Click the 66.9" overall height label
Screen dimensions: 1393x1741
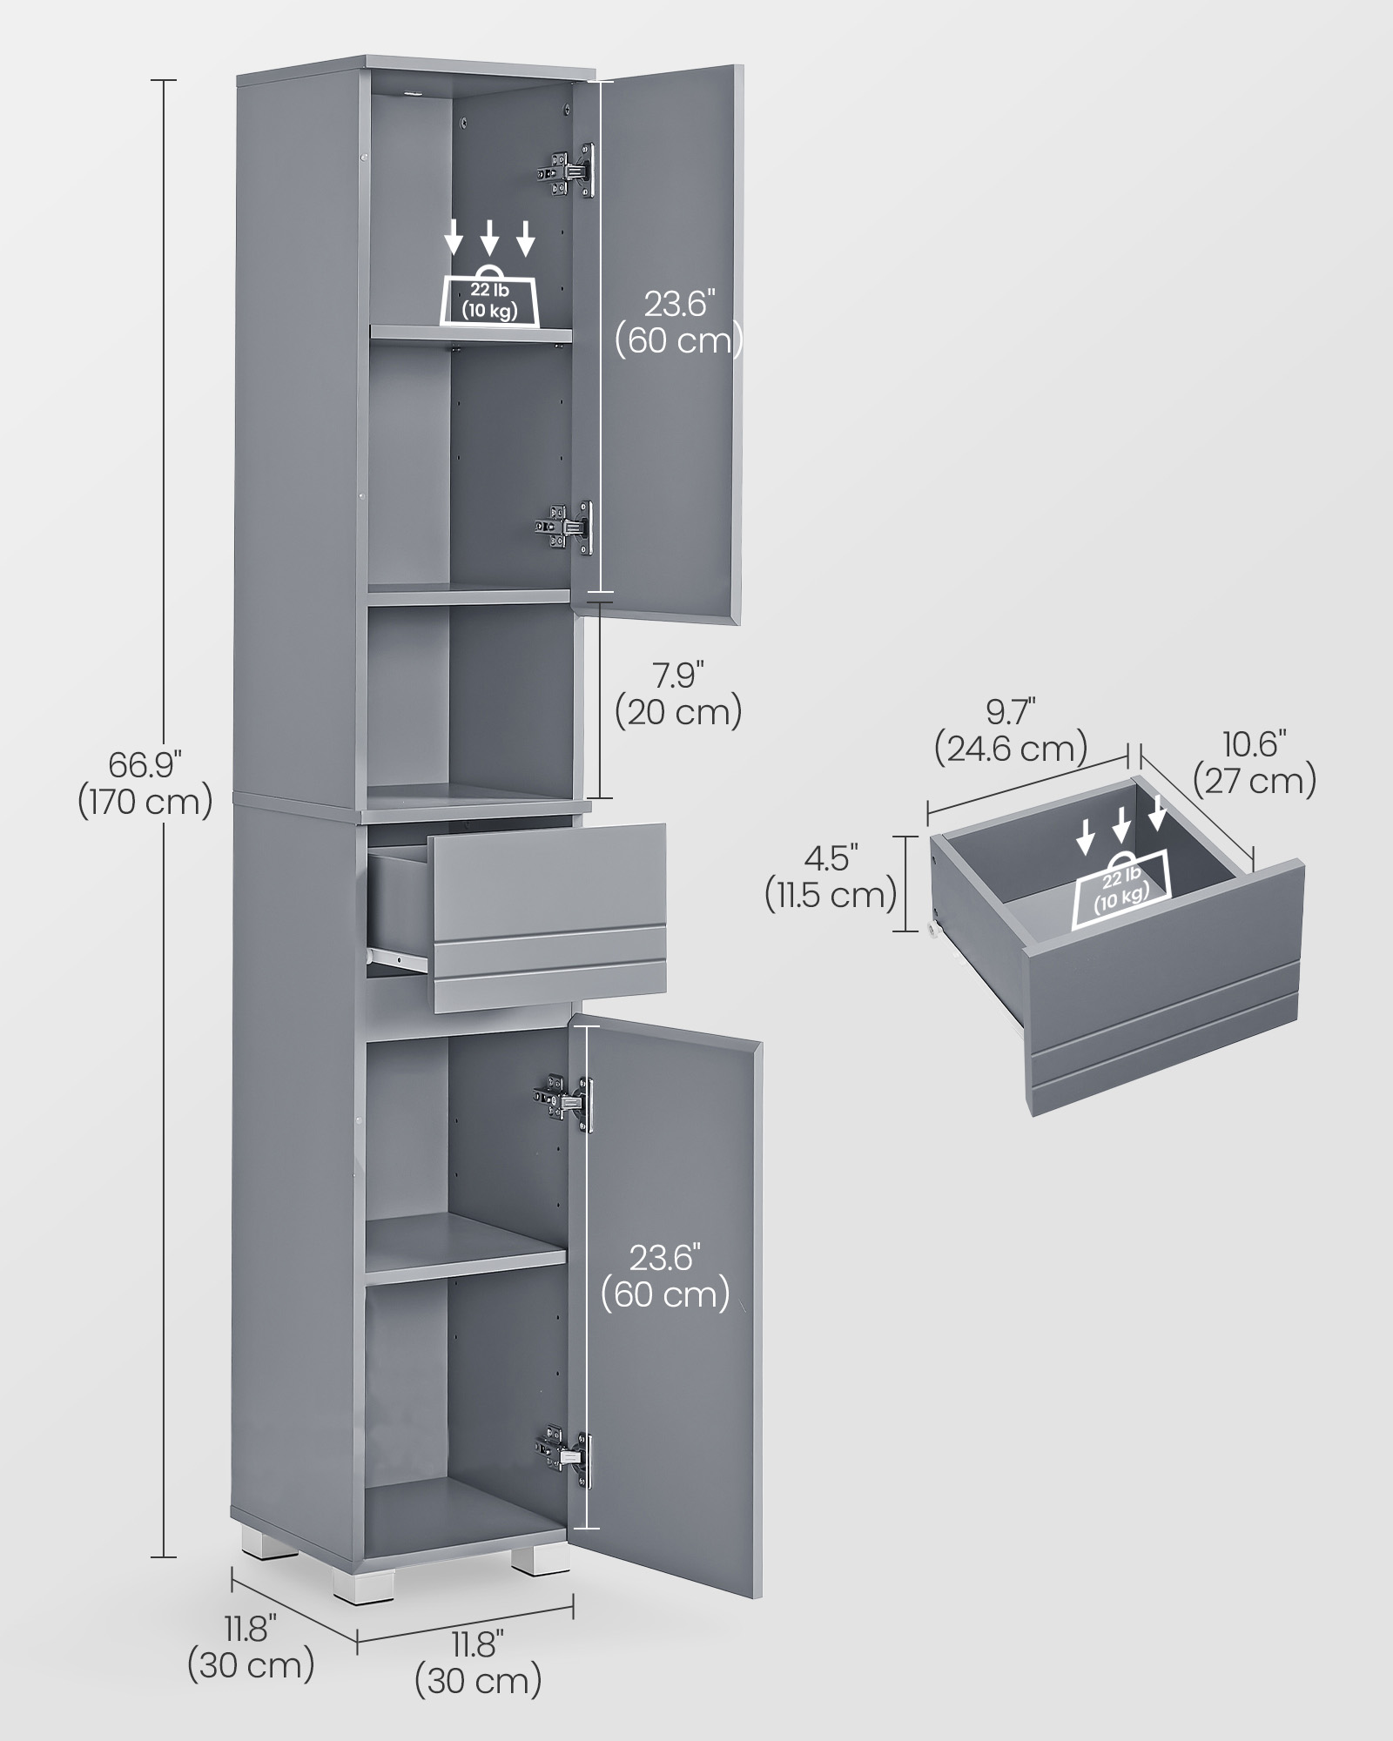[x=145, y=783]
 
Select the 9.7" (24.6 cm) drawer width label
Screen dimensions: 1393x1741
[x=1011, y=730]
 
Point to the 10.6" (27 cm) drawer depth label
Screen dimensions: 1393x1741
[x=1255, y=763]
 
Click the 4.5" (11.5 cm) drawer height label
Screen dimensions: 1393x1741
[x=831, y=877]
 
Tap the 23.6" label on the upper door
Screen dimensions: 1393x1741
[x=679, y=322]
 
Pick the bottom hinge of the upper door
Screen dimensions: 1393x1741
[x=564, y=528]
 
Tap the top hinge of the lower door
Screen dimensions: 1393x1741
[x=566, y=1101]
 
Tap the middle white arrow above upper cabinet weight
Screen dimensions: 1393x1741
[x=489, y=238]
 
